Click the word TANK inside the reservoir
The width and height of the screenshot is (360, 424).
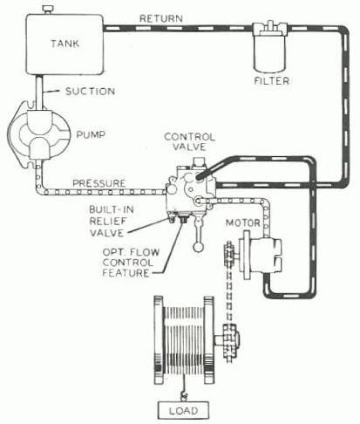click(65, 44)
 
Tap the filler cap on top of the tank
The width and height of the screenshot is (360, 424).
click(48, 10)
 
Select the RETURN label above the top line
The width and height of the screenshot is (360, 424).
click(161, 18)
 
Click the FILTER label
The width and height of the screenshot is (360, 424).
click(272, 80)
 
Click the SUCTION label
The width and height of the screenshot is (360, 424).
click(90, 92)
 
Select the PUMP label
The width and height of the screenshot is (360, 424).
click(91, 134)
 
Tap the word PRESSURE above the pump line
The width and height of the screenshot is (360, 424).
click(98, 183)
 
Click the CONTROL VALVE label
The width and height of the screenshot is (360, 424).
click(189, 141)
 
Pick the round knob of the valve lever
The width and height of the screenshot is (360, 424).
click(199, 247)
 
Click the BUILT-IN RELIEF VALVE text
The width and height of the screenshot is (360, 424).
click(111, 221)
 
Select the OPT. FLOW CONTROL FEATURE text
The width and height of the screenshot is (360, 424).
click(131, 263)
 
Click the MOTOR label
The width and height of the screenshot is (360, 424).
click(243, 223)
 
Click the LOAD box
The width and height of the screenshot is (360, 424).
click(183, 410)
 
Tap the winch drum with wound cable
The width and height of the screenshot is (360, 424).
click(184, 339)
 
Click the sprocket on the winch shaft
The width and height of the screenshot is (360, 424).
click(231, 339)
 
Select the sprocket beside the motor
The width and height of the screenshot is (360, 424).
click(229, 256)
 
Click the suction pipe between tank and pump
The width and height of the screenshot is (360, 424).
click(40, 92)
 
